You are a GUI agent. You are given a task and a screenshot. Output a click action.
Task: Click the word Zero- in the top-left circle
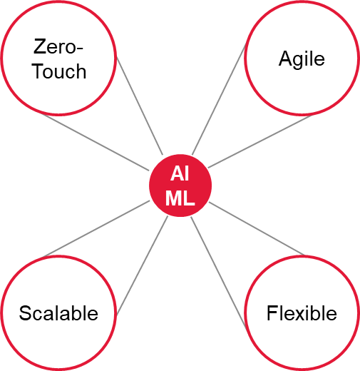pyautogui.click(x=58, y=46)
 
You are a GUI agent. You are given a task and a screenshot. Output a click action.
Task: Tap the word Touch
pyautogui.click(x=59, y=71)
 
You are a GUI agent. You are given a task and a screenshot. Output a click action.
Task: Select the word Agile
pyautogui.click(x=302, y=59)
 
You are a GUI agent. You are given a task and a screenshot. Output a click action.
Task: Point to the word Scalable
pyautogui.click(x=58, y=313)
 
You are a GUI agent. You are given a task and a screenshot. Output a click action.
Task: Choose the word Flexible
pyautogui.click(x=302, y=313)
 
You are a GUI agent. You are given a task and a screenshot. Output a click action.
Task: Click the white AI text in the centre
pyautogui.click(x=180, y=173)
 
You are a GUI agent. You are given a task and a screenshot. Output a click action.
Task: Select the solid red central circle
pyautogui.click(x=180, y=185)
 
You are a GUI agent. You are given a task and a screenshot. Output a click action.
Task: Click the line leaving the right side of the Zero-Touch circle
pyautogui.click(x=140, y=106)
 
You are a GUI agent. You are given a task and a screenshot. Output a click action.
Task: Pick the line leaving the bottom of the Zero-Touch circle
pyautogui.click(x=95, y=142)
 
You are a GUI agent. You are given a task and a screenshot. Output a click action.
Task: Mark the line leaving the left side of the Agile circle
pyautogui.click(x=219, y=99)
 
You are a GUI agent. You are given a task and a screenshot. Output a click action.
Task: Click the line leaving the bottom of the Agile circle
pyautogui.click(x=260, y=141)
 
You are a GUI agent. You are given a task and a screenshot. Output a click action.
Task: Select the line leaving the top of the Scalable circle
pyautogui.click(x=96, y=229)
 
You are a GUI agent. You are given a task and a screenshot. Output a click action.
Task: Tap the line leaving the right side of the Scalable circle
pyautogui.click(x=142, y=266)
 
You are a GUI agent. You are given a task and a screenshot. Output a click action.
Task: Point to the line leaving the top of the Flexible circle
pyautogui.click(x=257, y=228)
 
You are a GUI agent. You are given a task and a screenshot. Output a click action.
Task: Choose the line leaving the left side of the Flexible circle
pyautogui.click(x=219, y=273)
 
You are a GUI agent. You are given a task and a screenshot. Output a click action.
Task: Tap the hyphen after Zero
pyautogui.click(x=80, y=49)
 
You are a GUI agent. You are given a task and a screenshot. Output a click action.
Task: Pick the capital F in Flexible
pyautogui.click(x=272, y=313)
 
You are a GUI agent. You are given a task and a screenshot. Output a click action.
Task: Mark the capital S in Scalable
pyautogui.click(x=25, y=313)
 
